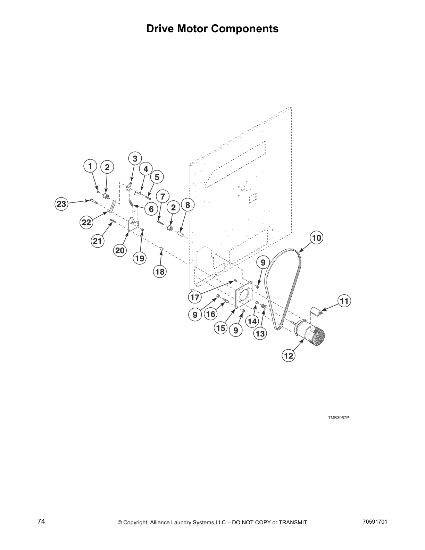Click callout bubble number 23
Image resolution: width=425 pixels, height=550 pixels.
click(61, 204)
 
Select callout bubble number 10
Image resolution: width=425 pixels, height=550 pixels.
click(316, 238)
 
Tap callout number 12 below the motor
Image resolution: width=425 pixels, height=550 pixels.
click(289, 356)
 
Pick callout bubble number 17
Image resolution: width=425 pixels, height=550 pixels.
click(195, 297)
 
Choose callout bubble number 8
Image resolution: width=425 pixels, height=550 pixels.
click(187, 205)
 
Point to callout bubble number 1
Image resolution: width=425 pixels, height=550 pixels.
click(90, 166)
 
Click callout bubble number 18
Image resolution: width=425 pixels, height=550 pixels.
click(160, 272)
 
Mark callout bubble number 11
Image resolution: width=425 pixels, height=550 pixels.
click(344, 301)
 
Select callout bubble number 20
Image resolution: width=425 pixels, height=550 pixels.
click(120, 250)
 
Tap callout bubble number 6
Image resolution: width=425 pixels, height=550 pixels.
click(151, 209)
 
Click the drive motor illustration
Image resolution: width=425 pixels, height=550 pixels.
click(310, 333)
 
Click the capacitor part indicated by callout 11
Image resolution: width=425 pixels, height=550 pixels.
click(316, 311)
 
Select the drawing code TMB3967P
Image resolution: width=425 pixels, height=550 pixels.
click(338, 417)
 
